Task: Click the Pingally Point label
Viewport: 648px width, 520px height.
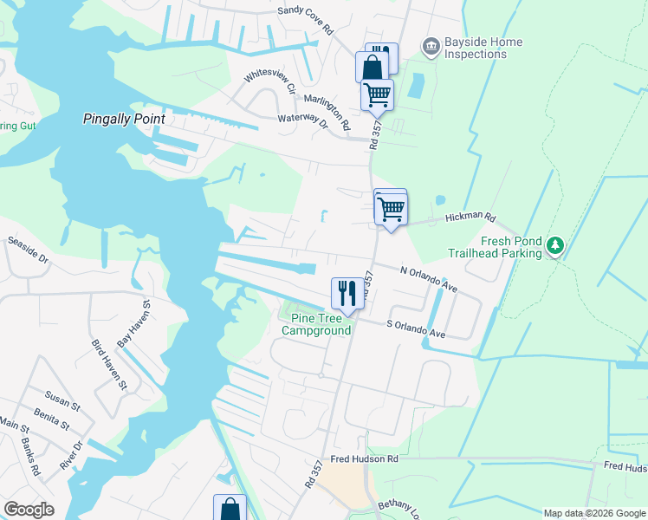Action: coord(123,119)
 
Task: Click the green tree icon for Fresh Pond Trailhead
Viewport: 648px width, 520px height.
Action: coord(554,247)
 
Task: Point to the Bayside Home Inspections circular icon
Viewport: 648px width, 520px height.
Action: coord(431,45)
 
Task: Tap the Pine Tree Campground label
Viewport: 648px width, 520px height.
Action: coord(316,324)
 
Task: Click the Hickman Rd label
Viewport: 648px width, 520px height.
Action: coord(470,218)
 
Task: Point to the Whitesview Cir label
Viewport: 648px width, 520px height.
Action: coord(269,79)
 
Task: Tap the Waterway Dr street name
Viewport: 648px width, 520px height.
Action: coord(303,121)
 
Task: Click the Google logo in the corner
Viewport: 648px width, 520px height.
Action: coord(29,510)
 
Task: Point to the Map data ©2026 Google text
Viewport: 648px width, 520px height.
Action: coord(593,513)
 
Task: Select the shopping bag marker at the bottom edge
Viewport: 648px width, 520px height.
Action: coord(230,508)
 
